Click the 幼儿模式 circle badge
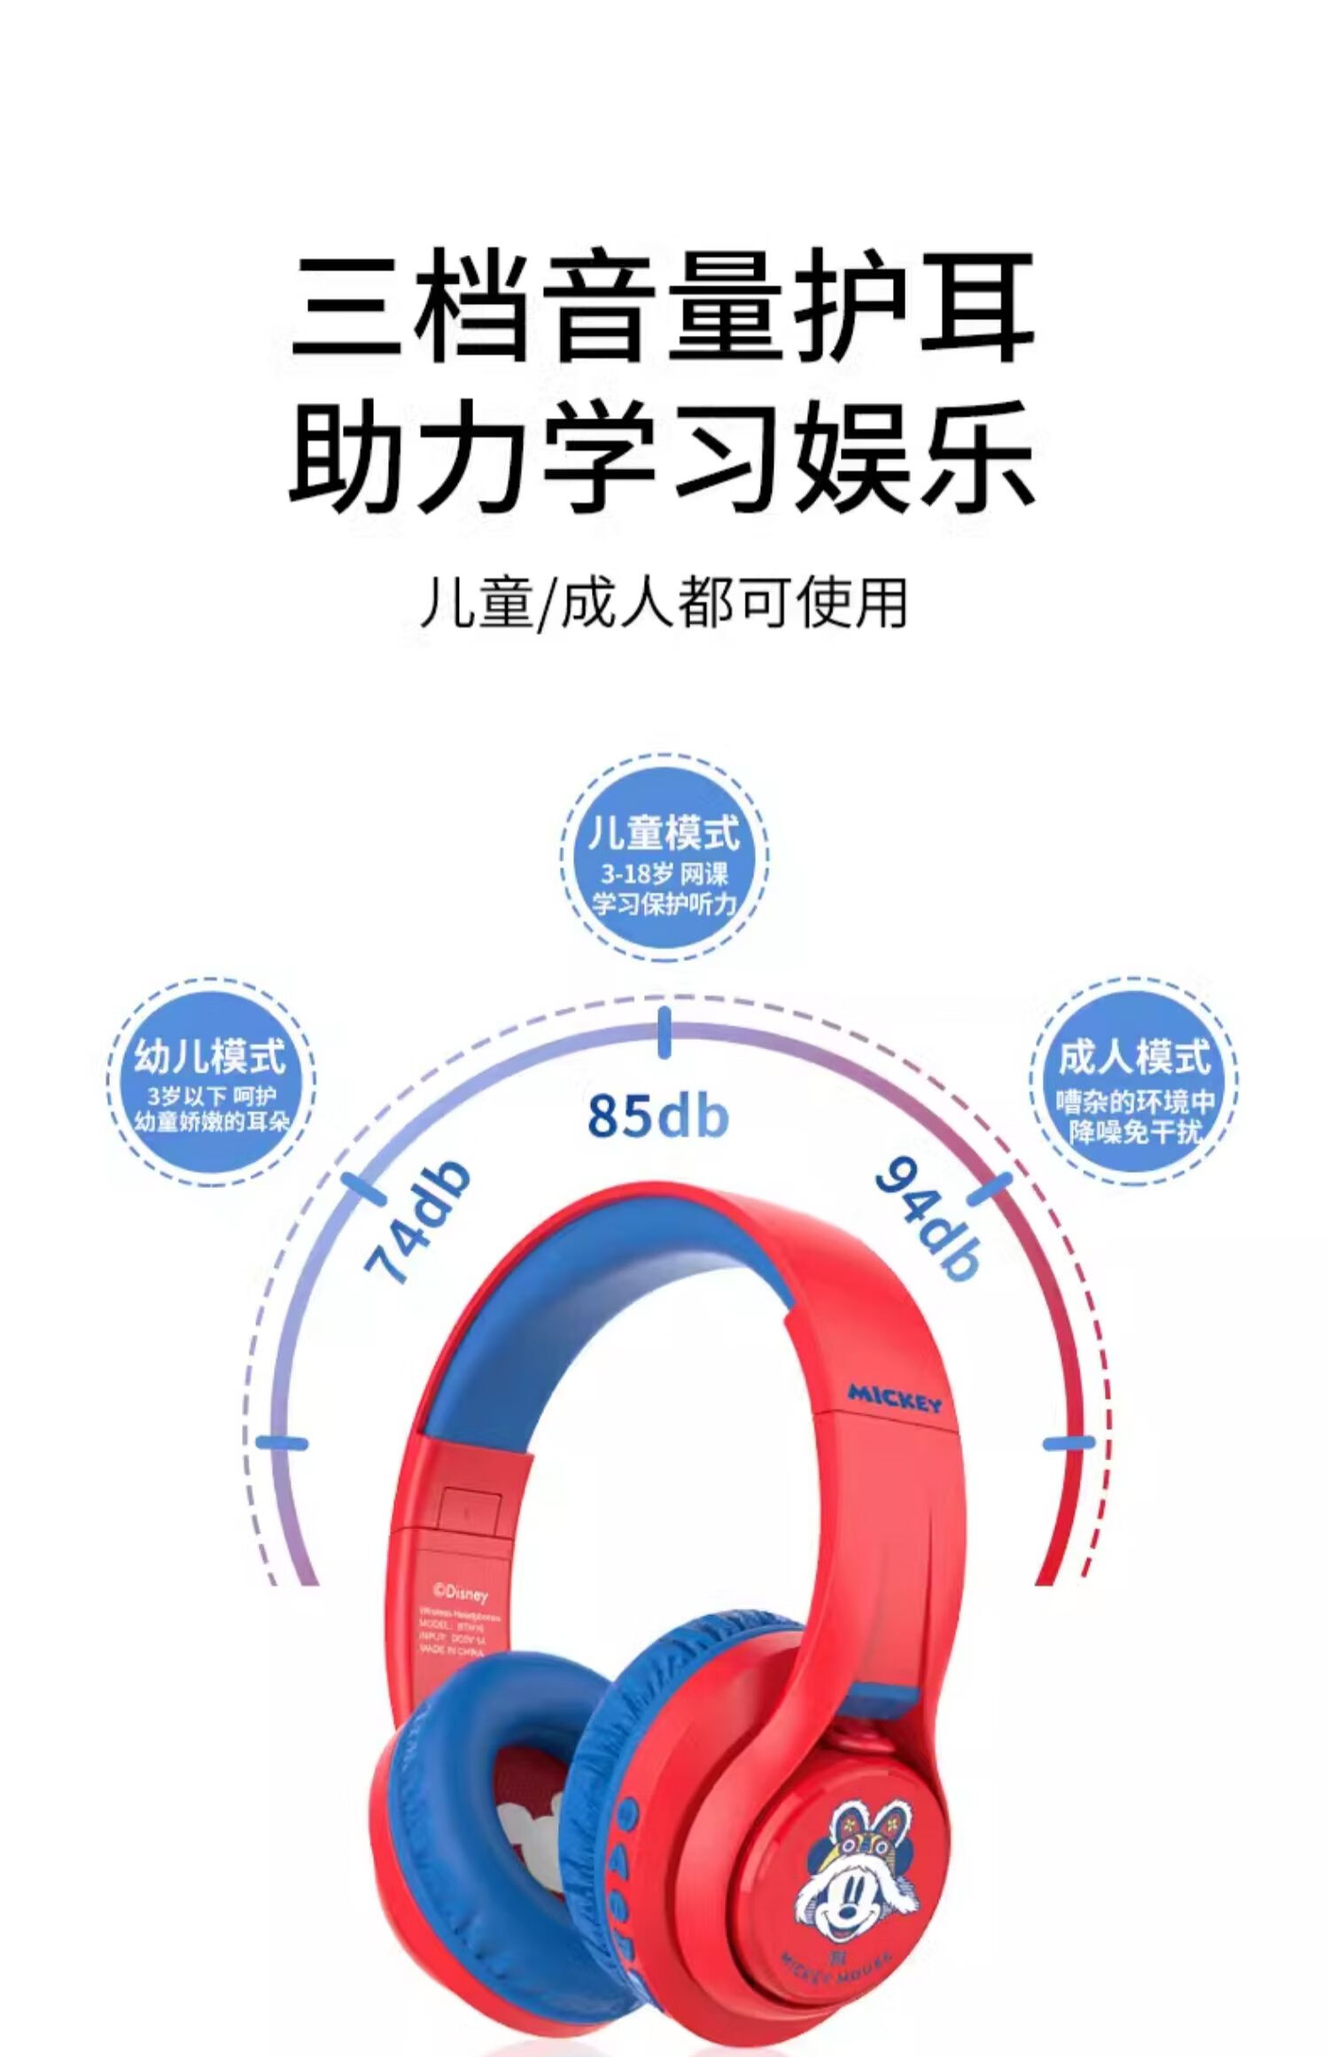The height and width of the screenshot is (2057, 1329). [211, 1080]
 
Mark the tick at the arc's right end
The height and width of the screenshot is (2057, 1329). [1069, 1443]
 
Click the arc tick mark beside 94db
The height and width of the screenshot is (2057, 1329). [990, 1191]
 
